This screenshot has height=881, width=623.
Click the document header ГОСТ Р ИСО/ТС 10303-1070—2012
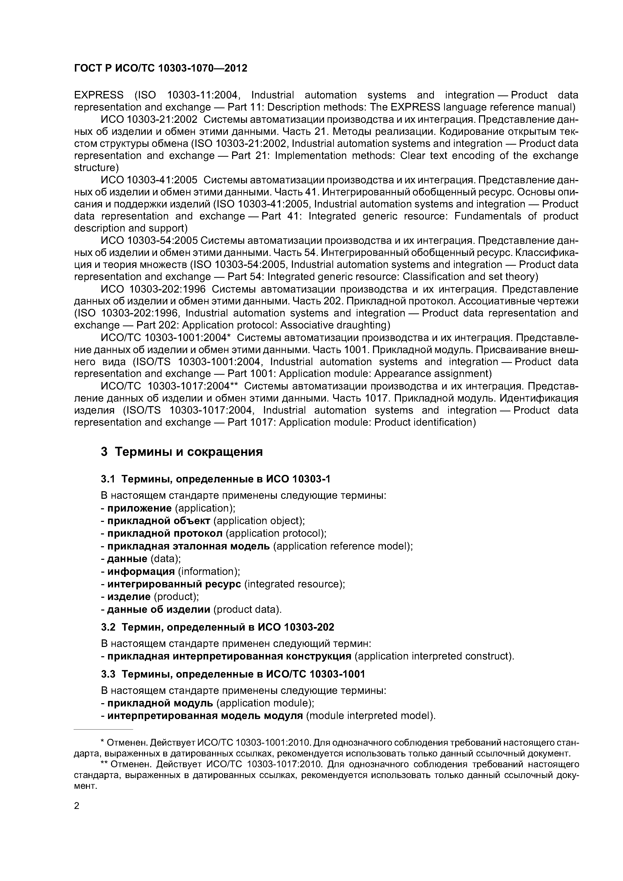(161, 68)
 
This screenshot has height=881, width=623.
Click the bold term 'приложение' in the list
(139, 508)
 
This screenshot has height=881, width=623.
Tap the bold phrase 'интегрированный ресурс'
(174, 584)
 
